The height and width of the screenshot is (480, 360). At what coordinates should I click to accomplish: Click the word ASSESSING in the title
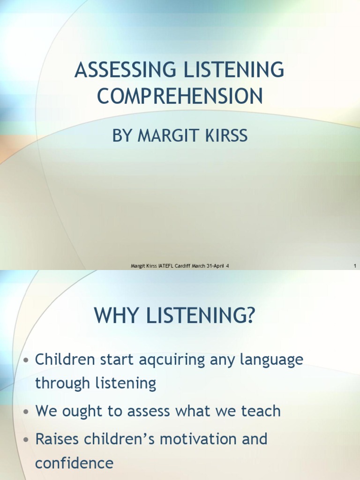coord(120,70)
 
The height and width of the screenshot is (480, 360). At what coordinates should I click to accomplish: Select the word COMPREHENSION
coord(180,96)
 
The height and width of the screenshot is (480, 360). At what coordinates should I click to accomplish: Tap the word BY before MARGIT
coord(122,136)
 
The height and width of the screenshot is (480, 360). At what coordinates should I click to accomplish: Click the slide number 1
coord(355,266)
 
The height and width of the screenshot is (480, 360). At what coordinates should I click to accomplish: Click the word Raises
coord(60,439)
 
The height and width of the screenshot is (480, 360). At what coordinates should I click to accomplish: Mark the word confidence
coord(74,463)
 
